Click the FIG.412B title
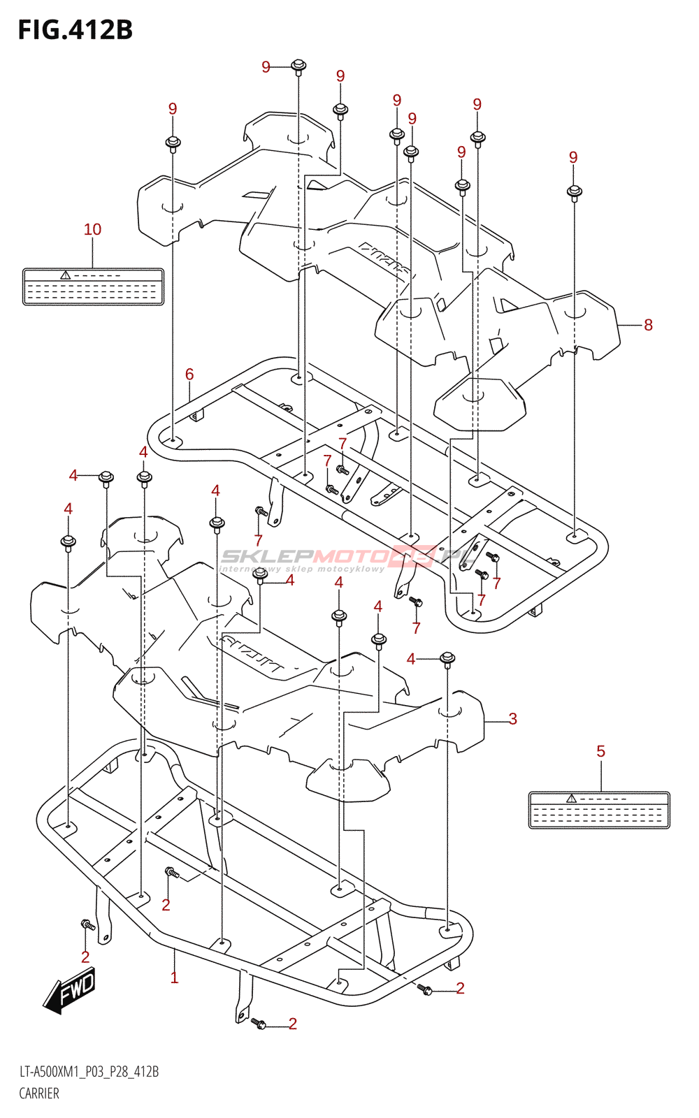pyautogui.click(x=75, y=29)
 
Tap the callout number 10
pyautogui.click(x=92, y=229)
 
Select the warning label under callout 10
pyautogui.click(x=93, y=286)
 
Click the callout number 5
pyautogui.click(x=600, y=751)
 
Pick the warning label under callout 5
pyautogui.click(x=599, y=810)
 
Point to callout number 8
pyautogui.click(x=648, y=325)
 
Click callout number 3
pyautogui.click(x=512, y=719)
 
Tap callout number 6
pyautogui.click(x=189, y=375)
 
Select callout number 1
pyautogui.click(x=174, y=978)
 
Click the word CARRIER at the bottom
pyautogui.click(x=39, y=1094)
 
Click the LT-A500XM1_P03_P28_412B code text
pyautogui.click(x=89, y=1072)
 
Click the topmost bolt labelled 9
pyautogui.click(x=298, y=67)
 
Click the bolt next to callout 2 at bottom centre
pyautogui.click(x=259, y=1024)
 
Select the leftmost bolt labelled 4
pyautogui.click(x=69, y=542)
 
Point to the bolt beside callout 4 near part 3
pyautogui.click(x=448, y=658)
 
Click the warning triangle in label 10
pyautogui.click(x=65, y=275)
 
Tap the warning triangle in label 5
pyautogui.click(x=571, y=799)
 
